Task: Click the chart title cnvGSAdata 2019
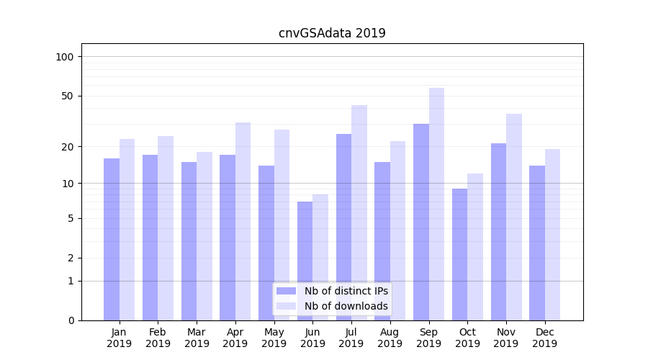pos(332,33)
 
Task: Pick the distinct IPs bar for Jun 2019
pos(305,261)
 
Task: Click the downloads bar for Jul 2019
pos(359,212)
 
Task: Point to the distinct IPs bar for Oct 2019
pos(459,254)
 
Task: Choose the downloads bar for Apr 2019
pos(243,221)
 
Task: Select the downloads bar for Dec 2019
pos(552,235)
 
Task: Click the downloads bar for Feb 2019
pos(166,228)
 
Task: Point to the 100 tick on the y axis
pos(65,57)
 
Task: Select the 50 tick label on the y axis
pos(68,96)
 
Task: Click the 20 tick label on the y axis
pos(68,147)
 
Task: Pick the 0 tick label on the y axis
pos(71,320)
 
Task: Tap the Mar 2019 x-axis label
pos(197,338)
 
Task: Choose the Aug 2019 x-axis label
pos(390,338)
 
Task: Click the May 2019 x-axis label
pos(274,338)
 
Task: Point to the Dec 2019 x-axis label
pos(544,338)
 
